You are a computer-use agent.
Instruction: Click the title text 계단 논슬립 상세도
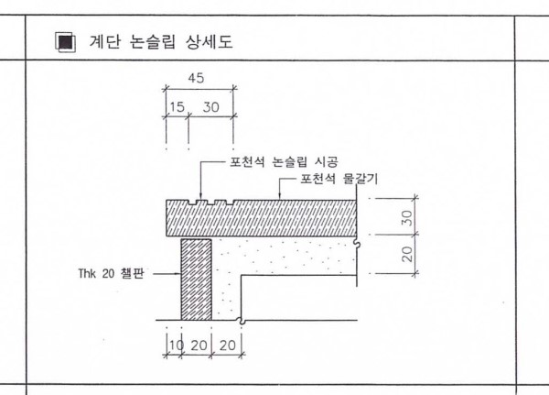[x=161, y=42]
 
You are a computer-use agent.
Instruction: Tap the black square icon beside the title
[x=66, y=42]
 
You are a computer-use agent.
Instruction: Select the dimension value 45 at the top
[x=196, y=78]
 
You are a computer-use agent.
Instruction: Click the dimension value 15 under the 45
[x=178, y=107]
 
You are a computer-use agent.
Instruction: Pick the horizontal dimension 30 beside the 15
[x=211, y=107]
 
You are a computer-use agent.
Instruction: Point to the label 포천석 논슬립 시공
[x=284, y=162]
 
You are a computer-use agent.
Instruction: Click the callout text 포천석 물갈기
[x=339, y=179]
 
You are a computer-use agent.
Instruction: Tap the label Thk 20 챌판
[x=111, y=273]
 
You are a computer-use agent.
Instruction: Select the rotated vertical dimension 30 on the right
[x=407, y=218]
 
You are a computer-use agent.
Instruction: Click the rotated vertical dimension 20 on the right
[x=407, y=254]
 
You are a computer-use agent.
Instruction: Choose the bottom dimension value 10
[x=176, y=346]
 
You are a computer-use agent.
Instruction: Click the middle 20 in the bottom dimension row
[x=199, y=346]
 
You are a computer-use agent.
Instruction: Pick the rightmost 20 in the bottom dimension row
[x=228, y=346]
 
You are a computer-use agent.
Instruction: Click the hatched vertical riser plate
[x=197, y=280]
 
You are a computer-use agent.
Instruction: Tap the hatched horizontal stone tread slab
[x=261, y=218]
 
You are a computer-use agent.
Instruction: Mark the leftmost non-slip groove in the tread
[x=192, y=203]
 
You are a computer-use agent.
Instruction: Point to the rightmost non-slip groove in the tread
[x=230, y=203]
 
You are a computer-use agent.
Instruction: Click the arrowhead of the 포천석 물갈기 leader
[x=279, y=197]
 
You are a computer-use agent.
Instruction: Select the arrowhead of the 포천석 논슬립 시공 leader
[x=200, y=197]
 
